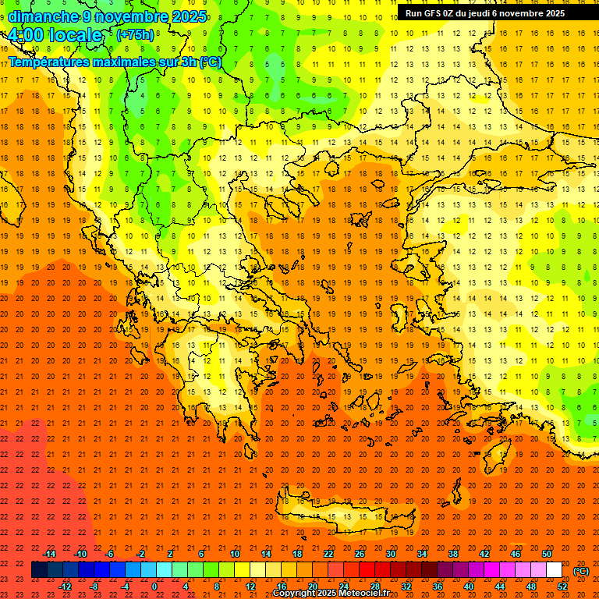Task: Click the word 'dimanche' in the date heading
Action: tap(43, 16)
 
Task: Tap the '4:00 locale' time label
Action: tap(55, 35)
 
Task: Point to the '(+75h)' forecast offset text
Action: tap(135, 35)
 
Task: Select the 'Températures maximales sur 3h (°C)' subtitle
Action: tap(114, 62)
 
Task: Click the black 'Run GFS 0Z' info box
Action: tap(497, 12)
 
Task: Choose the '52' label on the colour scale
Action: tap(562, 587)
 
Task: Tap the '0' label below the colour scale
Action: tap(155, 587)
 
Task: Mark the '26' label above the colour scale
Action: tap(360, 554)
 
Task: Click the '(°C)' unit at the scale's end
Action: tap(581, 571)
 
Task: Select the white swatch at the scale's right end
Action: tap(555, 570)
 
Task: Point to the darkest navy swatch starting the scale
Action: tap(39, 570)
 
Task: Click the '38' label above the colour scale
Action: tap(453, 554)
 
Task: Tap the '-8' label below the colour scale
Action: tap(94, 587)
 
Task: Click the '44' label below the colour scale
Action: tap(500, 587)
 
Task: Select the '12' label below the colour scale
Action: tap(250, 587)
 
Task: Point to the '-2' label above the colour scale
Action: tap(141, 554)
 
